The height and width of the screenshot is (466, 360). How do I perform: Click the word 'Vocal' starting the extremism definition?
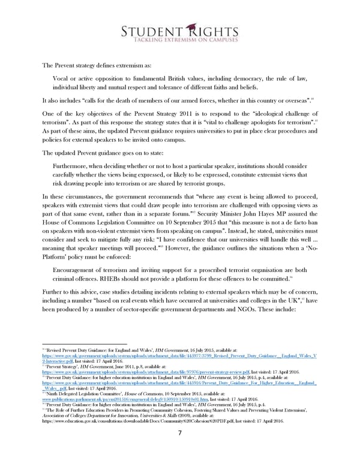(64, 77)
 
